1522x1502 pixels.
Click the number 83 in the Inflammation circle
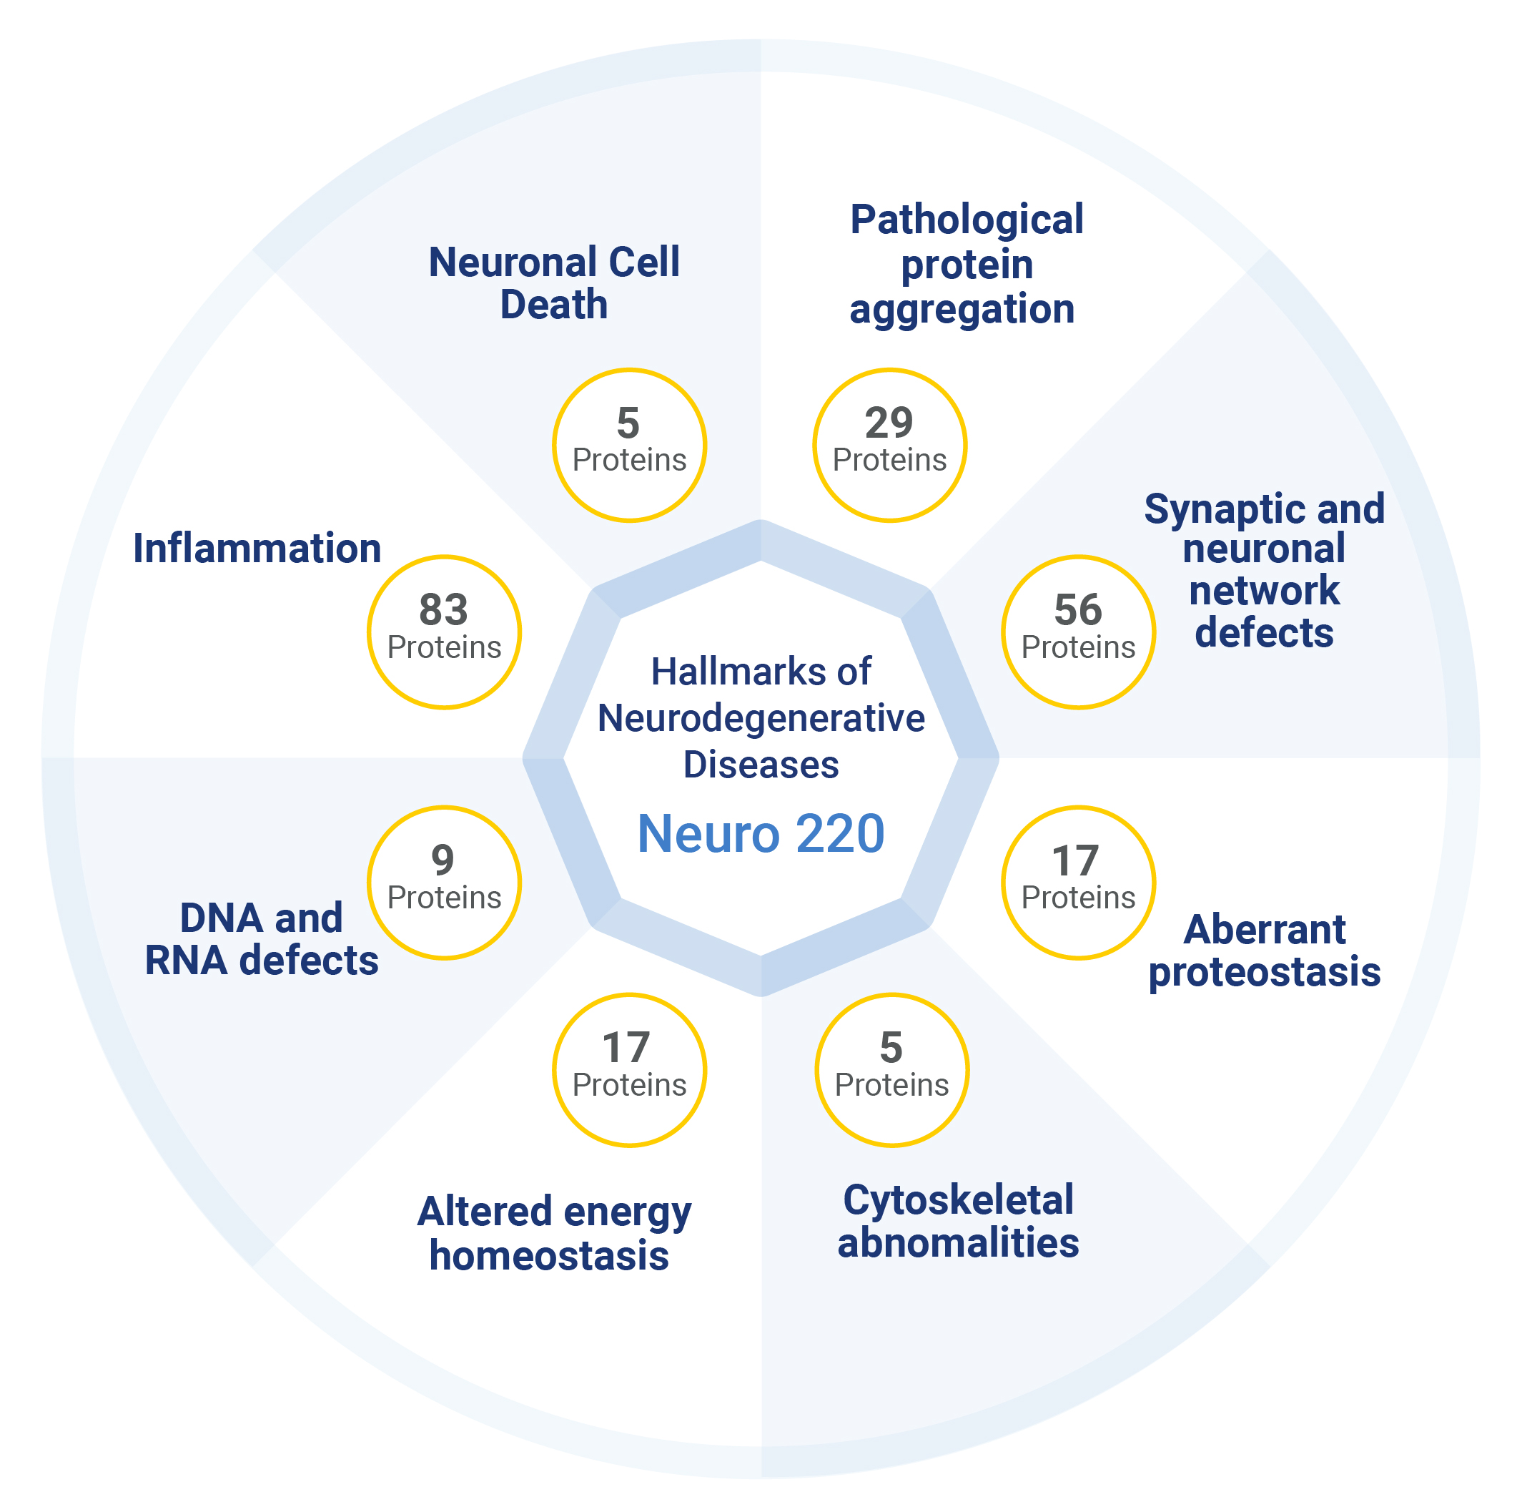point(443,610)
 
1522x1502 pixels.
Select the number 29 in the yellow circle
point(889,423)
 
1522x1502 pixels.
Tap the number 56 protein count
point(1077,610)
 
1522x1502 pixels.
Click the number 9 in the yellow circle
point(443,860)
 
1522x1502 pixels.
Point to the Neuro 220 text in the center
point(761,834)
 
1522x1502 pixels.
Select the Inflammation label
point(257,549)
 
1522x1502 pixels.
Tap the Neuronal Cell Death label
point(554,284)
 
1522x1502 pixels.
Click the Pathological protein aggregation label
point(966,264)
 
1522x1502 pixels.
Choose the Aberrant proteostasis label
point(1264,951)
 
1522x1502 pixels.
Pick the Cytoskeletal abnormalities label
point(958,1222)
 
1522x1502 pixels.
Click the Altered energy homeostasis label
point(554,1233)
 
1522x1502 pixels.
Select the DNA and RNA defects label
point(262,939)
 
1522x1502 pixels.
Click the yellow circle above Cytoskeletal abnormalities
point(891,1070)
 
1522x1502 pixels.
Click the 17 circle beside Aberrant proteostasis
point(1077,883)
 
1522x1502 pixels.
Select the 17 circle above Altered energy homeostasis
point(628,1070)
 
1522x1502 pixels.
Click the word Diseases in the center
point(761,765)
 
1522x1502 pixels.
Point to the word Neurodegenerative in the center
point(761,719)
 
